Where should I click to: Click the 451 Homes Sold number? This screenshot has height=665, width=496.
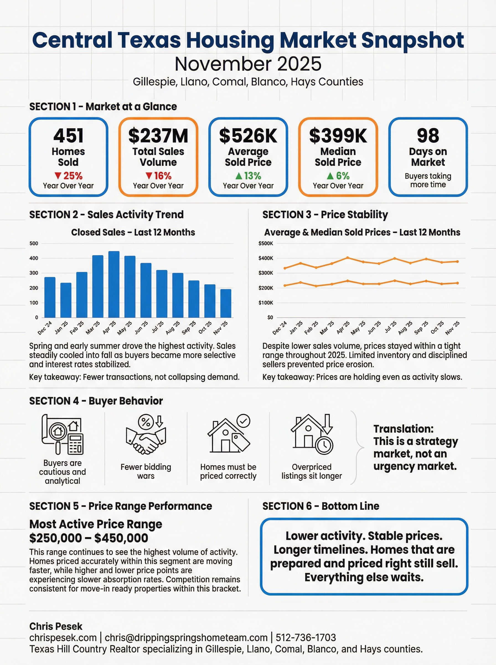pos(68,135)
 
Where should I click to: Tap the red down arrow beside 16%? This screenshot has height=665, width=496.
pos(149,175)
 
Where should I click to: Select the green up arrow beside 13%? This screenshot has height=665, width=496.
pos(239,175)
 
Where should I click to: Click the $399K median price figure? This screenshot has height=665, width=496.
pos(338,135)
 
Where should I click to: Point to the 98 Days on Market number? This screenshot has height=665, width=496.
pos(428,135)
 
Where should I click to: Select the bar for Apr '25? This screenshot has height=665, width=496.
pos(114,284)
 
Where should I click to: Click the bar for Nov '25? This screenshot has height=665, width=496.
pos(226,303)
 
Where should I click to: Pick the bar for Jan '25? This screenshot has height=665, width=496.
pos(66,300)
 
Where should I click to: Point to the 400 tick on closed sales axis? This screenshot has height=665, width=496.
pos(34,258)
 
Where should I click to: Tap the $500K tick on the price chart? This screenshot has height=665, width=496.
pos(266,243)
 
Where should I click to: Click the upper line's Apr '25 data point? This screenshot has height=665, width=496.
pos(348,257)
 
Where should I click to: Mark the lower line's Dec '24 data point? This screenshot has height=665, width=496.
pos(285,285)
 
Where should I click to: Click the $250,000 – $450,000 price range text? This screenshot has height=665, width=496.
pos(89,538)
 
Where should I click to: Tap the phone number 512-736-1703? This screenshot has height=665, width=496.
pos(306,638)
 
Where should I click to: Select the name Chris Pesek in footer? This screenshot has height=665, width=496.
pos(56,626)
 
